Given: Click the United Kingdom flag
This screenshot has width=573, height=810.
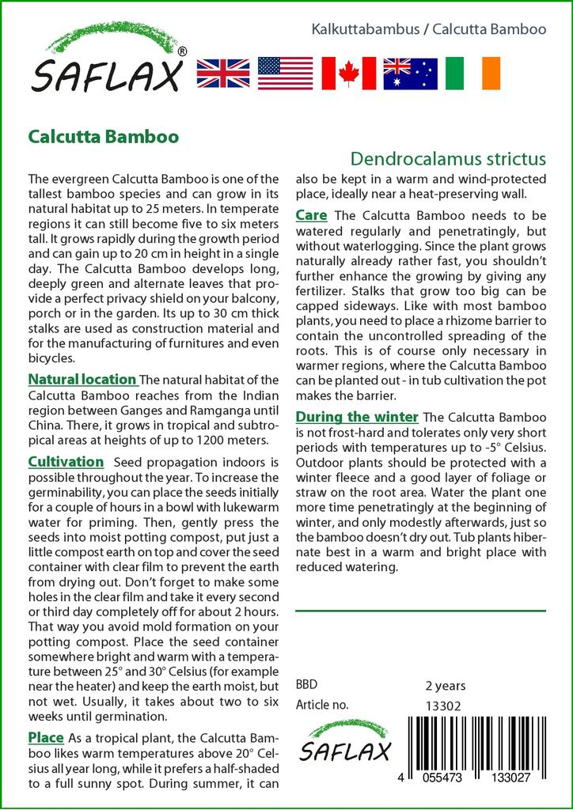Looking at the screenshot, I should point(223,74).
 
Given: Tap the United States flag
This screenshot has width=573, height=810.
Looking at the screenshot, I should point(286,74).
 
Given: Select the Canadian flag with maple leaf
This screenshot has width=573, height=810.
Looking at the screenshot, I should point(348,74).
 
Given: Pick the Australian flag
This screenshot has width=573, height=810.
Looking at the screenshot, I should point(410,74).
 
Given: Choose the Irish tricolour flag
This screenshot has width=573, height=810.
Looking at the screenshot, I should point(473,74).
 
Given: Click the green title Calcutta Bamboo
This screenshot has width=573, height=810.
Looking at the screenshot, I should point(103,135).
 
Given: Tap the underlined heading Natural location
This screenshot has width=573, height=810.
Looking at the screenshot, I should point(82,380).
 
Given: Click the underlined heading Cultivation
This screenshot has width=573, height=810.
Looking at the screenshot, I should point(66,462).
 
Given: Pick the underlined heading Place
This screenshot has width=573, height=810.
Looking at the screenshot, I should point(46,737).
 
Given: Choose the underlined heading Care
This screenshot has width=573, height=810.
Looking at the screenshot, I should point(313,215).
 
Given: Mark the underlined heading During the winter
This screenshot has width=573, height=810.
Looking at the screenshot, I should point(357,417).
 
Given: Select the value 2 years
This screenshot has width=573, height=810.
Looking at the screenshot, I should point(446,686).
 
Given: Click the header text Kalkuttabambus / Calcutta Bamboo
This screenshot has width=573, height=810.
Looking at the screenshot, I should point(429,29).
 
